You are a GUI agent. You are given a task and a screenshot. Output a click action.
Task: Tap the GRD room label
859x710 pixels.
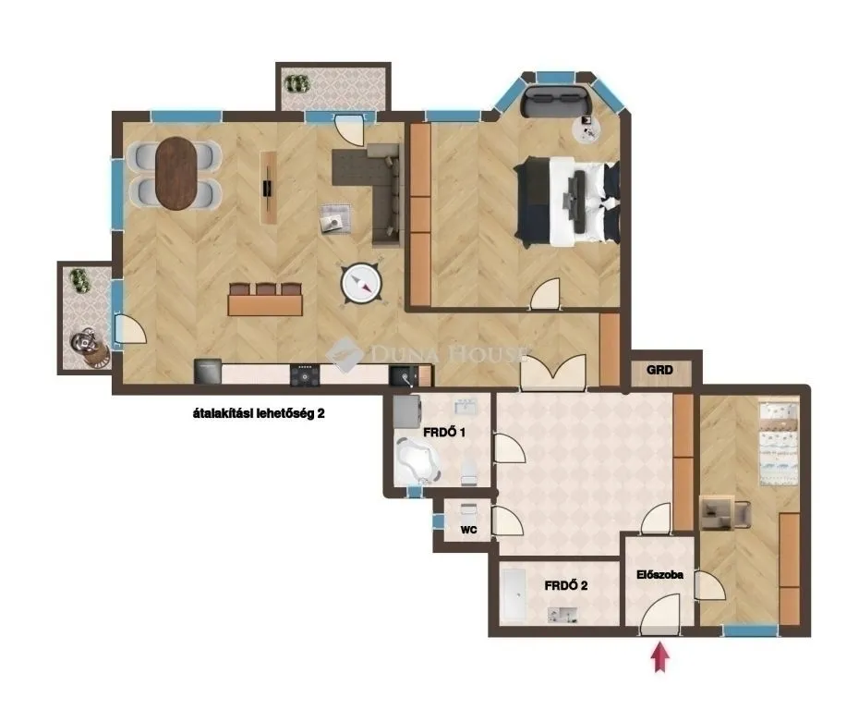coord(659,371)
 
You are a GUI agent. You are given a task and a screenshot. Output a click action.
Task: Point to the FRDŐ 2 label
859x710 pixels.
coord(566,585)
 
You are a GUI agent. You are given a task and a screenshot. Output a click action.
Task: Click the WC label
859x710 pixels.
coord(468,531)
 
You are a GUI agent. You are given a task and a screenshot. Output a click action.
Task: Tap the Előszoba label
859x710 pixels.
coord(659,574)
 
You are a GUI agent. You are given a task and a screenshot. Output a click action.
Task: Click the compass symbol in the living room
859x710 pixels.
coord(361,284)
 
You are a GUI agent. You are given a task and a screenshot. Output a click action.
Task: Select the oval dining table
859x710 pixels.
coord(176,173)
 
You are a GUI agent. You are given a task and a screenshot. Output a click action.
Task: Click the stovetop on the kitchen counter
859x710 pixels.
coord(304,374)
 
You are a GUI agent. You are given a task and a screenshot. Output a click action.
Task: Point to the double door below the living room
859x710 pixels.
coord(552,373)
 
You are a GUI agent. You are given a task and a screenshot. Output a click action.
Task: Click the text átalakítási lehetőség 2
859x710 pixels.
coord(253,415)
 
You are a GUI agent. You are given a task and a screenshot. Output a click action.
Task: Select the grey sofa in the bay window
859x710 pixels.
coord(555,100)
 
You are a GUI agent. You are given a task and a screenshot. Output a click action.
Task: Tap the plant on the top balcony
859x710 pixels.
coord(296,83)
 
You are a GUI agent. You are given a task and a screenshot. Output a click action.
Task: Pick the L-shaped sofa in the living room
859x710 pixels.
coord(379,190)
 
